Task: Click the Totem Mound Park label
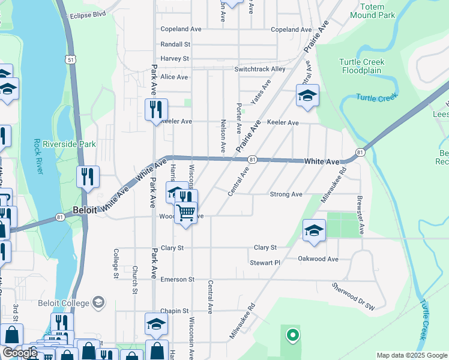point(376,11)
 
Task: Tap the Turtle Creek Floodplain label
point(361,66)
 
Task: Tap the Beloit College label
point(64,302)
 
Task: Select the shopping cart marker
point(186,211)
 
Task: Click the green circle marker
point(292,335)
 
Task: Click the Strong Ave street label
point(286,194)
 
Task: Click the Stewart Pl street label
point(265,263)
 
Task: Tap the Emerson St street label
point(178,280)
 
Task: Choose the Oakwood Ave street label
point(318,259)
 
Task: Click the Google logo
point(20,353)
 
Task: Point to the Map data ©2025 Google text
point(411,355)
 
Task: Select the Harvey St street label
point(175,59)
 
